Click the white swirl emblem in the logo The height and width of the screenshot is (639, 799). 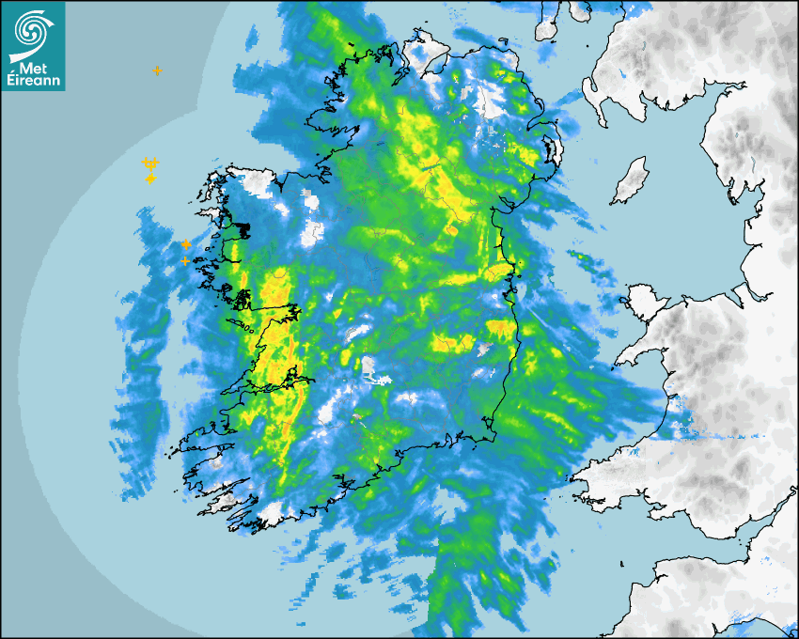click(32, 28)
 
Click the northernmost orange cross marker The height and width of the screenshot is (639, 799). click(157, 70)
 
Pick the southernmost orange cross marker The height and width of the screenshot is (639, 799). click(185, 260)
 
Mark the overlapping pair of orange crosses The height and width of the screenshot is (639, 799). click(149, 164)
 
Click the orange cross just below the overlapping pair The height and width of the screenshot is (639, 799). click(150, 179)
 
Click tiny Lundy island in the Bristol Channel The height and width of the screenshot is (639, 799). click(622, 563)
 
